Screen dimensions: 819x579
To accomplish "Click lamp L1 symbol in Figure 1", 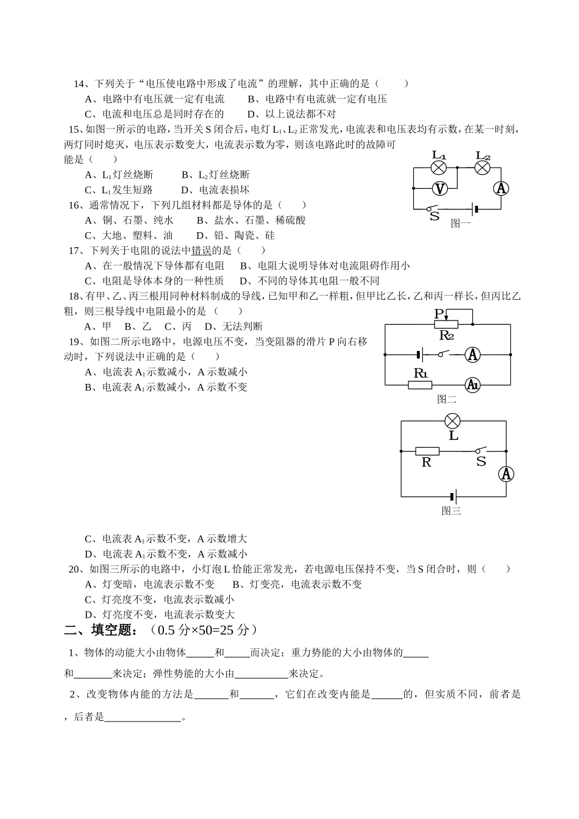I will coord(439,168).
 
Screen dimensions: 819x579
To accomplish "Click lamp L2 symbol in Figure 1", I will coord(483,168).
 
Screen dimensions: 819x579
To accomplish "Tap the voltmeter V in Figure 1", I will coord(439,188).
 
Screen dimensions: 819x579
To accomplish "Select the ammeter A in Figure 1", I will coord(501,188).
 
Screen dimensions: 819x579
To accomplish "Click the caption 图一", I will coord(461,224).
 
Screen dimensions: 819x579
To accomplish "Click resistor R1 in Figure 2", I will coord(420,385).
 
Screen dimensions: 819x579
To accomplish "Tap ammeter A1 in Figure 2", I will coord(473,385).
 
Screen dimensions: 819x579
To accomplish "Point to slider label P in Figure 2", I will coord(439,313).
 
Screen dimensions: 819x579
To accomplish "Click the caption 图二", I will coord(447,400).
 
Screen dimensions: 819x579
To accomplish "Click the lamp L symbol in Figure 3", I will coord(452,420).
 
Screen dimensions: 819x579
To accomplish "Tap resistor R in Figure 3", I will coord(427,451).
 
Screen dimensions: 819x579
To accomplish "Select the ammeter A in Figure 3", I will coord(506,473).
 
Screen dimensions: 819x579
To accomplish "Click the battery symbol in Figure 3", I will coord(452,496).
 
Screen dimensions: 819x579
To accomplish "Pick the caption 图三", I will coord(452,511).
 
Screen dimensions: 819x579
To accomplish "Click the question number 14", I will coord(79,83).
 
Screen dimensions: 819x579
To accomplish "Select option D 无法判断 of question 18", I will coord(233,327).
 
